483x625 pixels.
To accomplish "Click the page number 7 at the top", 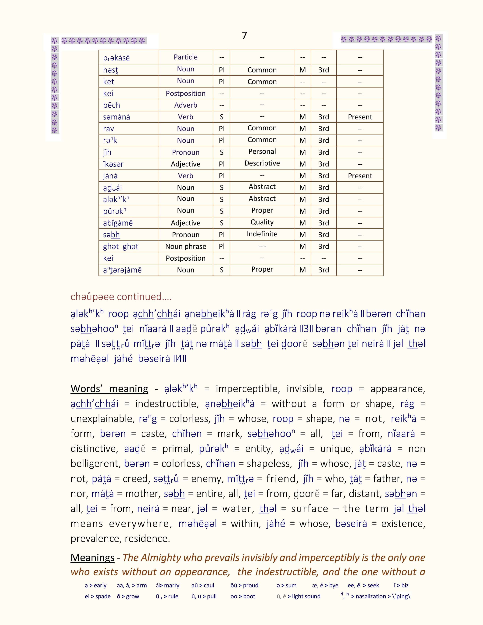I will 244,35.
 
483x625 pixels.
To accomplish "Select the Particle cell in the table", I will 185,57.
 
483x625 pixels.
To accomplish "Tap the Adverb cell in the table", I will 185,105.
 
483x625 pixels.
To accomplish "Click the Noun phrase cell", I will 185,246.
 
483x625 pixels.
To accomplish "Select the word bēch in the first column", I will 111,105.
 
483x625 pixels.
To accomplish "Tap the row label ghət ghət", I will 120,246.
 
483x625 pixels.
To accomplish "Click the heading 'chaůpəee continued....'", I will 121,296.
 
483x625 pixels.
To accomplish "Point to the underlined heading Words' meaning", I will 109,389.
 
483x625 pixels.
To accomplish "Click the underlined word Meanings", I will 92,557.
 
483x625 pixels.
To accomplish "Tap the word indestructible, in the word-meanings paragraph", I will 167,404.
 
